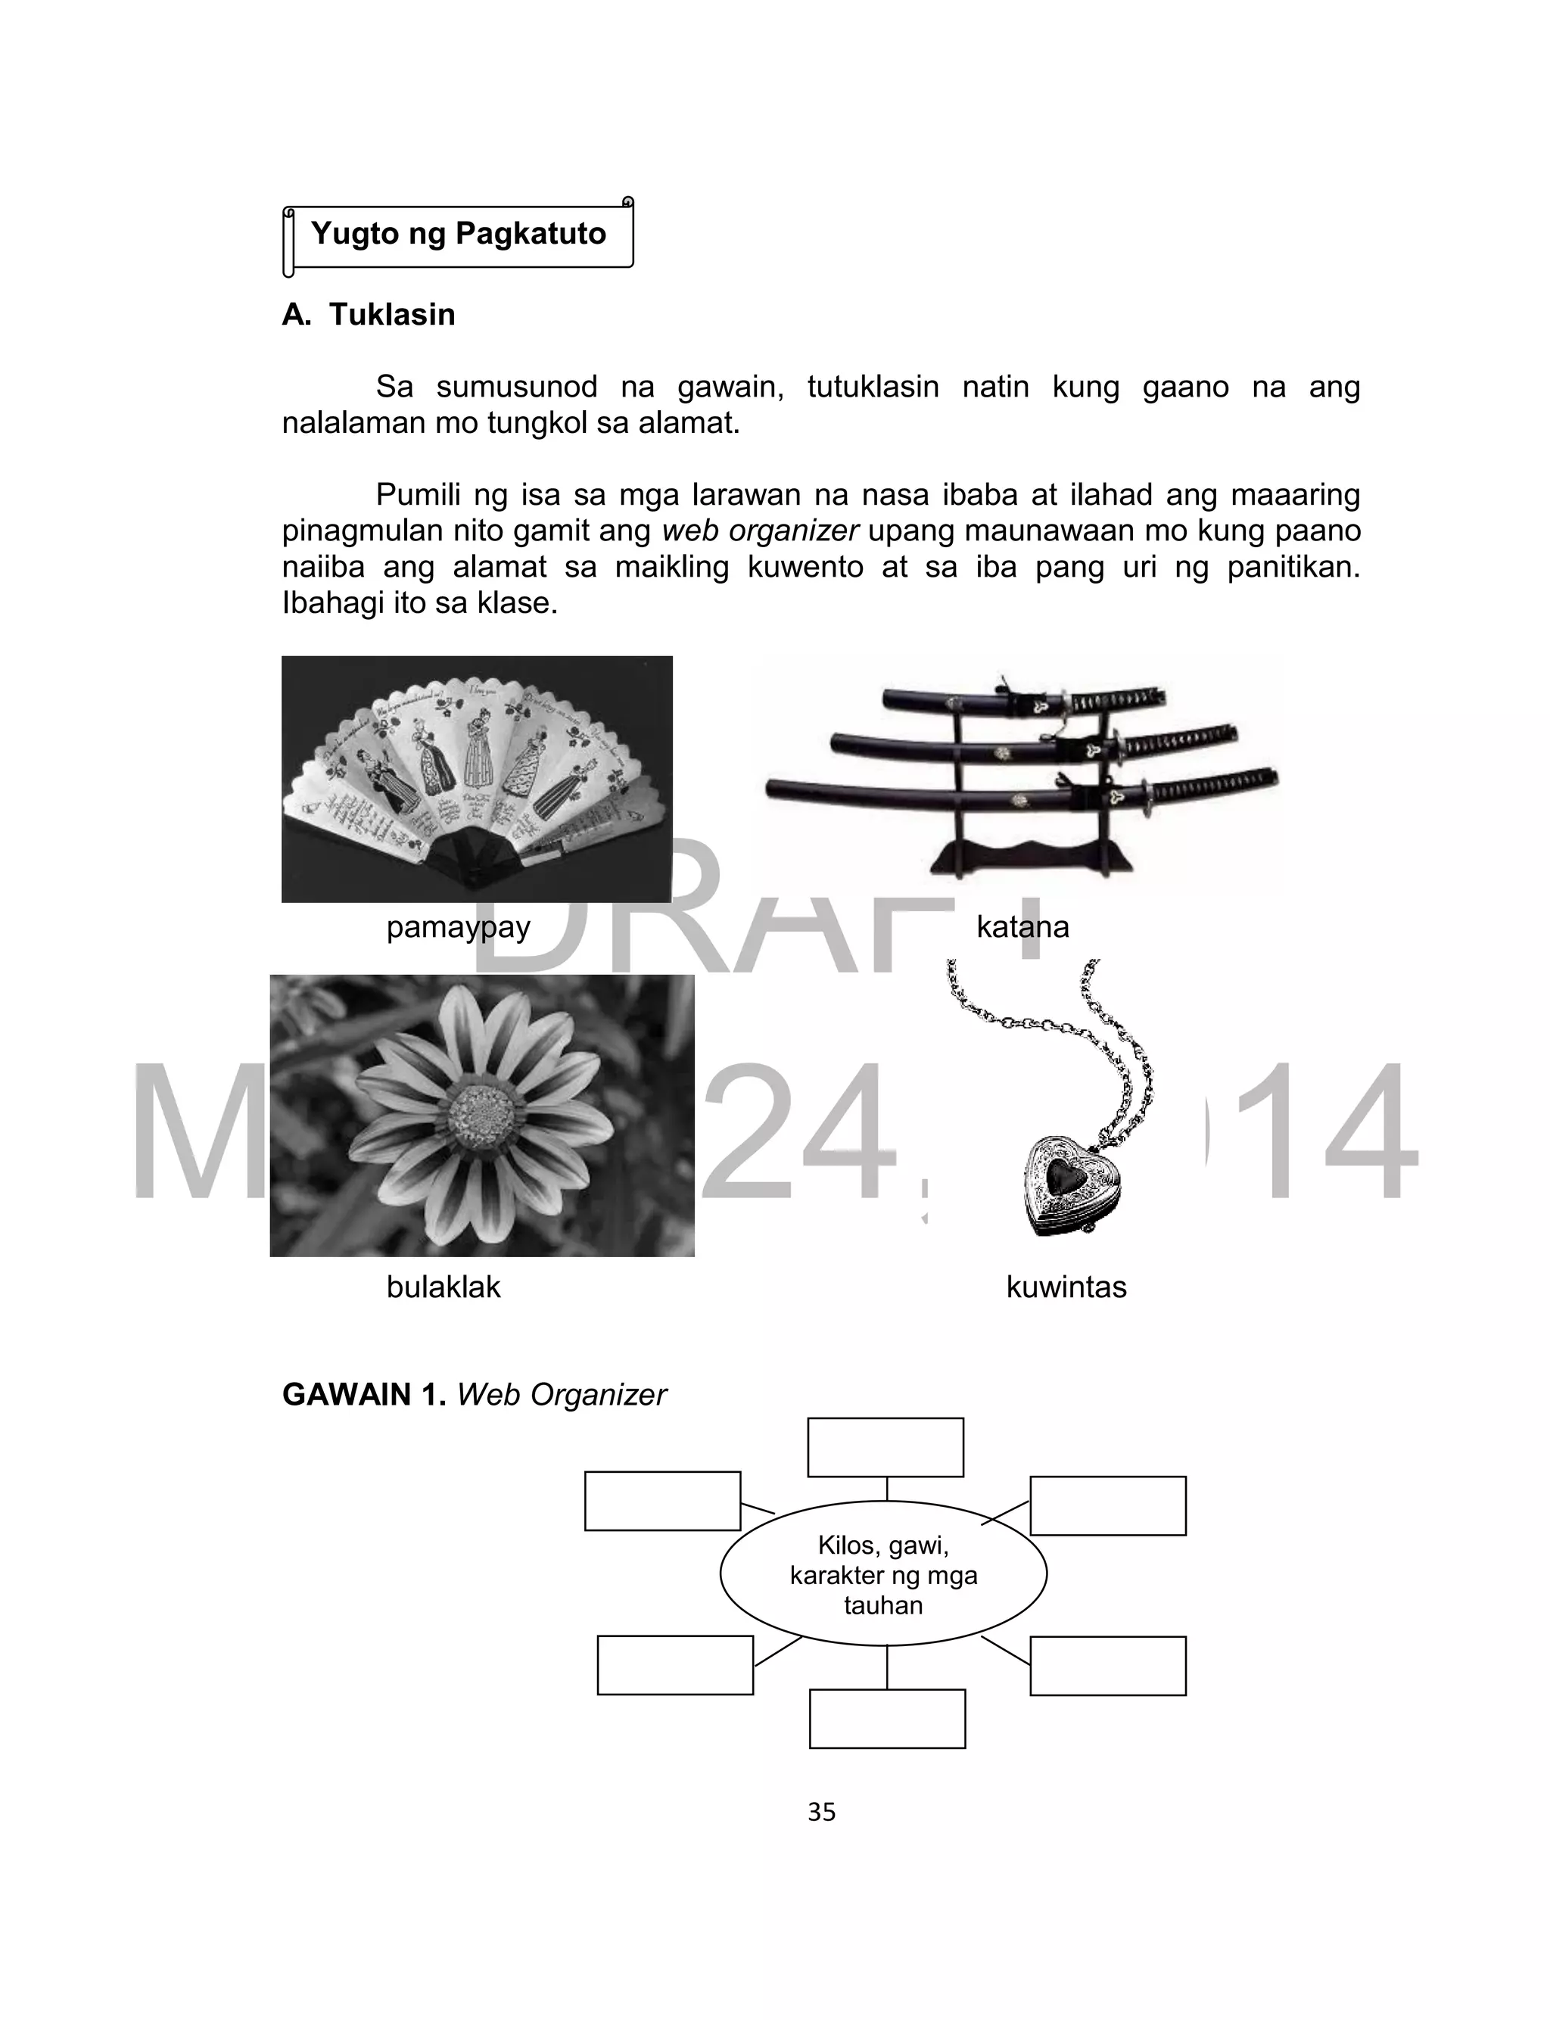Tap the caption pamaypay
click(458, 926)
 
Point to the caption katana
click(1022, 926)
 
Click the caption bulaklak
click(443, 1286)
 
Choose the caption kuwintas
click(1066, 1286)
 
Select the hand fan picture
click(477, 780)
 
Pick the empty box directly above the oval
click(885, 1447)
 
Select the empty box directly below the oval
click(887, 1718)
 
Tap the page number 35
click(821, 1813)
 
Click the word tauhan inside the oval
click(883, 1606)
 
